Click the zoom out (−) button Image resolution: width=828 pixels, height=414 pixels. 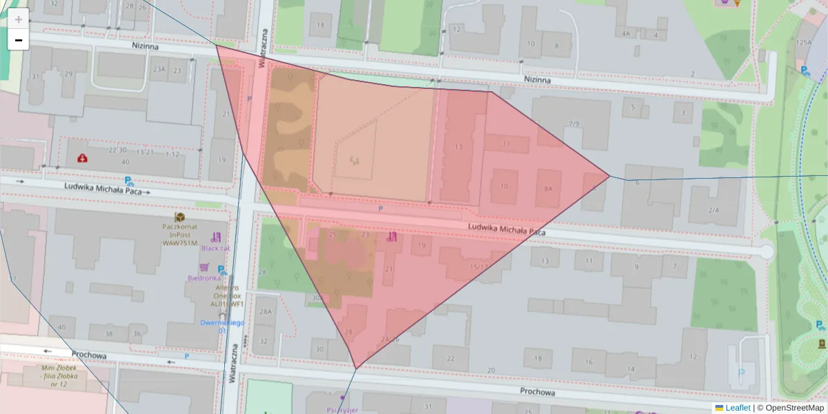[19, 40]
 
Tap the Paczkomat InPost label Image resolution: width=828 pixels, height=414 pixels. [180, 230]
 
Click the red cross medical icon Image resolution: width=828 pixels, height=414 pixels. [82, 158]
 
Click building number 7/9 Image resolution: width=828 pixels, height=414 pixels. [574, 124]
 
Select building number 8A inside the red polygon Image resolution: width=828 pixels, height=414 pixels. [549, 188]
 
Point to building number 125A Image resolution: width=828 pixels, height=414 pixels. [803, 42]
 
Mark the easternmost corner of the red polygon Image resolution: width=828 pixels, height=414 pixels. [609, 176]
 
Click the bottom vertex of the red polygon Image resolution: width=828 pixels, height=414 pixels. [355, 368]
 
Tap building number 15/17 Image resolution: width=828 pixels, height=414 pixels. [479, 266]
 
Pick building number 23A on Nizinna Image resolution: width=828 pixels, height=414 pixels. [159, 70]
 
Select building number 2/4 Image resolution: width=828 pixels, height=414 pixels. [713, 210]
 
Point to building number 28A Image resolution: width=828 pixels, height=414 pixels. [266, 312]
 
